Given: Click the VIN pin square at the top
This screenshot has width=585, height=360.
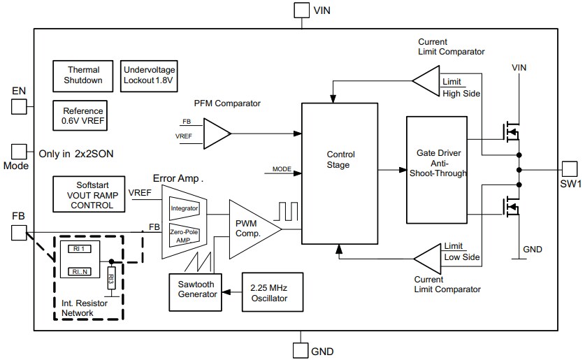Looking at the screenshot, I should tap(301, 10).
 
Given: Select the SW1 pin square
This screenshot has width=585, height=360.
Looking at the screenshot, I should tap(570, 168).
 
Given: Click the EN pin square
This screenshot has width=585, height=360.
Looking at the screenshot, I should tap(18, 106).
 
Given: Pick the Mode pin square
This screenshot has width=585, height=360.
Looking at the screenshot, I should tap(18, 152).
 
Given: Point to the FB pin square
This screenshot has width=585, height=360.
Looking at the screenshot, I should tap(18, 232).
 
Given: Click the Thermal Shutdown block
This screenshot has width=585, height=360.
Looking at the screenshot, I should tap(84, 75).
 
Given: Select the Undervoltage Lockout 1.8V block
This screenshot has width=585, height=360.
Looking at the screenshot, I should tap(150, 75).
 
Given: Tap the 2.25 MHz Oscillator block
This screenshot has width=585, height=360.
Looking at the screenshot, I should tap(273, 293).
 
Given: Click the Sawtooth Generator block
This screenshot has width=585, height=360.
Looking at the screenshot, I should tap(196, 293).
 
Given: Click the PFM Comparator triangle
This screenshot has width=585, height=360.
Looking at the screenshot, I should tap(216, 131).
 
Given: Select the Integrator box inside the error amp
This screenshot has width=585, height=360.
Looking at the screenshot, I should tap(185, 208).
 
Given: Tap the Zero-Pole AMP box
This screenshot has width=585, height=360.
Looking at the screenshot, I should tap(185, 236).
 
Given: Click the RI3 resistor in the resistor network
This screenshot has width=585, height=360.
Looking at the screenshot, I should tap(111, 280).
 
